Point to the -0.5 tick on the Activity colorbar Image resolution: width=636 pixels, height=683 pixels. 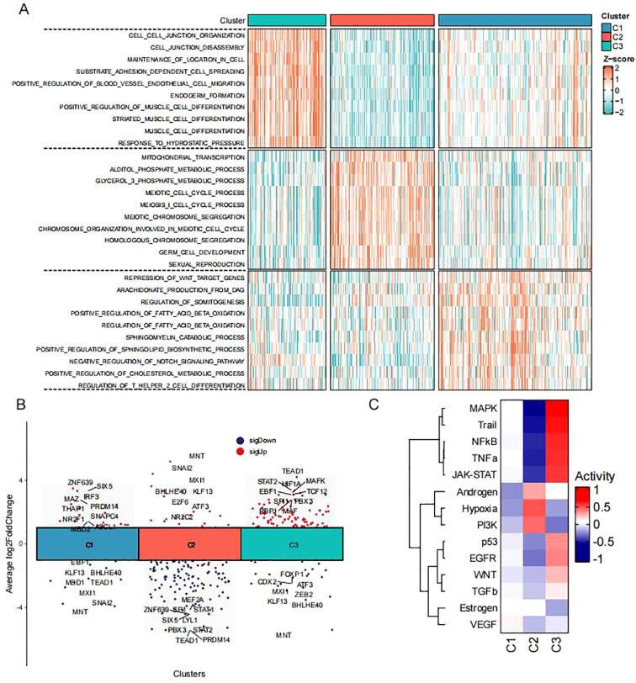click(595, 542)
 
